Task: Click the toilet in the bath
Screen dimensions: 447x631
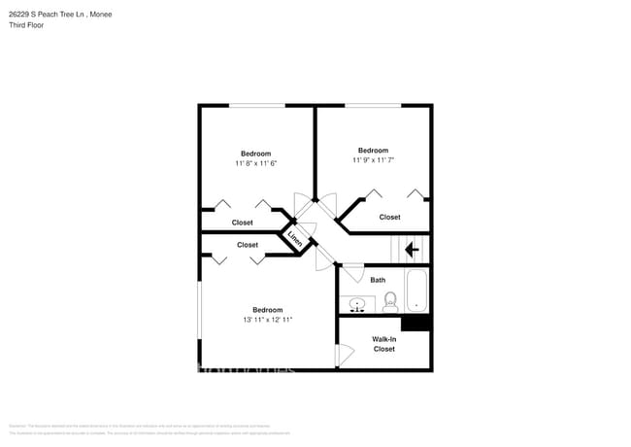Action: pyautogui.click(x=391, y=302)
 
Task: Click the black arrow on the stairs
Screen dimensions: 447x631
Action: pyautogui.click(x=412, y=250)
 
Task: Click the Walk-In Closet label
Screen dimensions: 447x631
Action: pyautogui.click(x=384, y=343)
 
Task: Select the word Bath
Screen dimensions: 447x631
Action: pyautogui.click(x=378, y=280)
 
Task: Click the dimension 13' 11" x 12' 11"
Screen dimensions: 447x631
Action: pyautogui.click(x=267, y=320)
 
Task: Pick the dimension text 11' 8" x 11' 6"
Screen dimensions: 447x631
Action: pyautogui.click(x=256, y=163)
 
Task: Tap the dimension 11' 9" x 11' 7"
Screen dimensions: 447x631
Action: pyautogui.click(x=374, y=160)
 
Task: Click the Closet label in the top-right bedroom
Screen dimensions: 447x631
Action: pyautogui.click(x=389, y=217)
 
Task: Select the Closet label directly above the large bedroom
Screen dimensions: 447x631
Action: pyautogui.click(x=248, y=245)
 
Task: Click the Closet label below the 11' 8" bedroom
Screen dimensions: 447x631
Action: pyautogui.click(x=243, y=223)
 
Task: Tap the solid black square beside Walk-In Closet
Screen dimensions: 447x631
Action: pyautogui.click(x=415, y=324)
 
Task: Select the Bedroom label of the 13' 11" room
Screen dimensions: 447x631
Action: pyautogui.click(x=267, y=309)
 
